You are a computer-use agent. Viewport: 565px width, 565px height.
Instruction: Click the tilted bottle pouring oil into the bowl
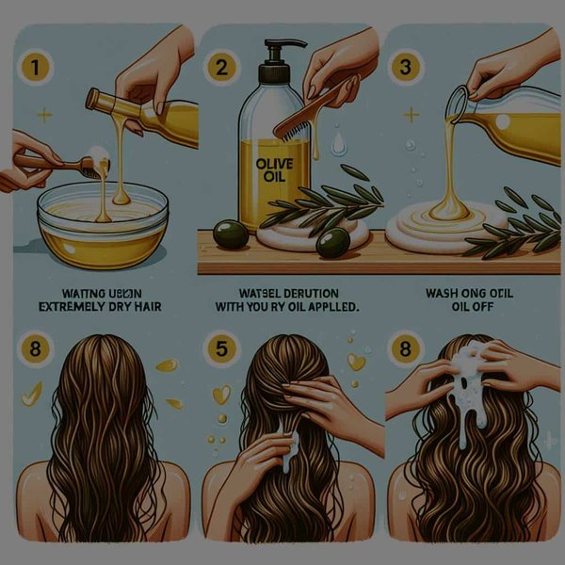click(141, 113)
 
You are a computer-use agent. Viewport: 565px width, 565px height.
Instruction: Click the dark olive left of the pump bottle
click(228, 233)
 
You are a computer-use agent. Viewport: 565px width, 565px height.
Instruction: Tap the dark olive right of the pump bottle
click(330, 242)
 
